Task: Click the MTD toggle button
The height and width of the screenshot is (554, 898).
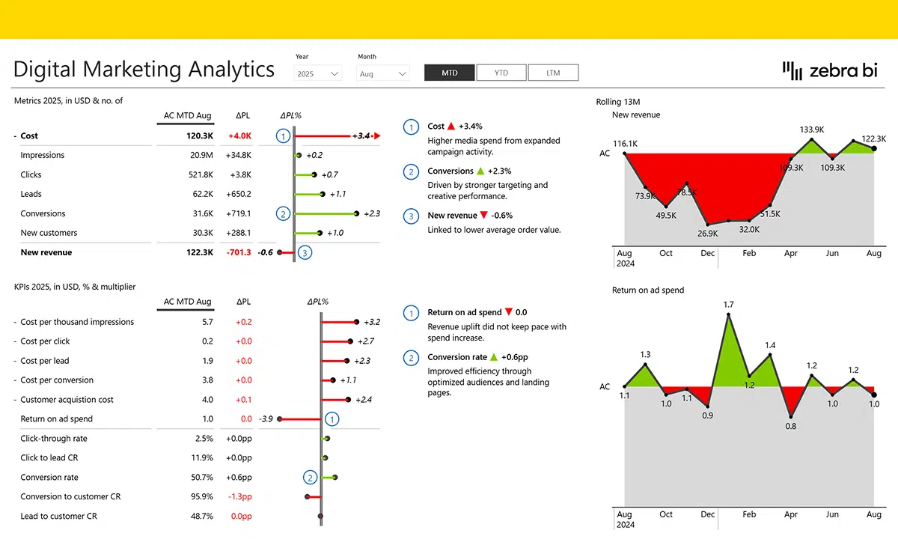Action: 450,73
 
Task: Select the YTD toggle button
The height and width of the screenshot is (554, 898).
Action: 501,73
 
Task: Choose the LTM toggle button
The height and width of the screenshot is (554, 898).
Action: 553,73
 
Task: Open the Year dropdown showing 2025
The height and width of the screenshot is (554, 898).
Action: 318,74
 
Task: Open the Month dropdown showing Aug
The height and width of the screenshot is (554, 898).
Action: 383,74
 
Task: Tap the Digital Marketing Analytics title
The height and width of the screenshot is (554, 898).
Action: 144,69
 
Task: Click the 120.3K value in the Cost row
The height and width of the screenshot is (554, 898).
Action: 199,136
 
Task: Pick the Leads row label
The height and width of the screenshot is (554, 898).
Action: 31,194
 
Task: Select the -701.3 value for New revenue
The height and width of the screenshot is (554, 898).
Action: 239,252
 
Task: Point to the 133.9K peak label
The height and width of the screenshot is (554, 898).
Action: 811,130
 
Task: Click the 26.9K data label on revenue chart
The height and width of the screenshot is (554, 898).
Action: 707,233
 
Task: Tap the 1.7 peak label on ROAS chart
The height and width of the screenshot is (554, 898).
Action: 729,304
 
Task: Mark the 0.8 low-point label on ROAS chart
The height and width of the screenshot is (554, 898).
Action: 791,426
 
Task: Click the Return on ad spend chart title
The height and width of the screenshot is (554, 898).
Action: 648,290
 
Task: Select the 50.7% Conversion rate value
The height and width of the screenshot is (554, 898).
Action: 201,478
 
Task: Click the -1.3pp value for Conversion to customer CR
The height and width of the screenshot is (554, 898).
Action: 239,497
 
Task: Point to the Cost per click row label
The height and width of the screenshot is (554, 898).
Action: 46,341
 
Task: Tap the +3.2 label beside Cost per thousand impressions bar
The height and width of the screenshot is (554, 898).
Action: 372,322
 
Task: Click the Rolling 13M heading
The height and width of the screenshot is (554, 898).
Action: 618,102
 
